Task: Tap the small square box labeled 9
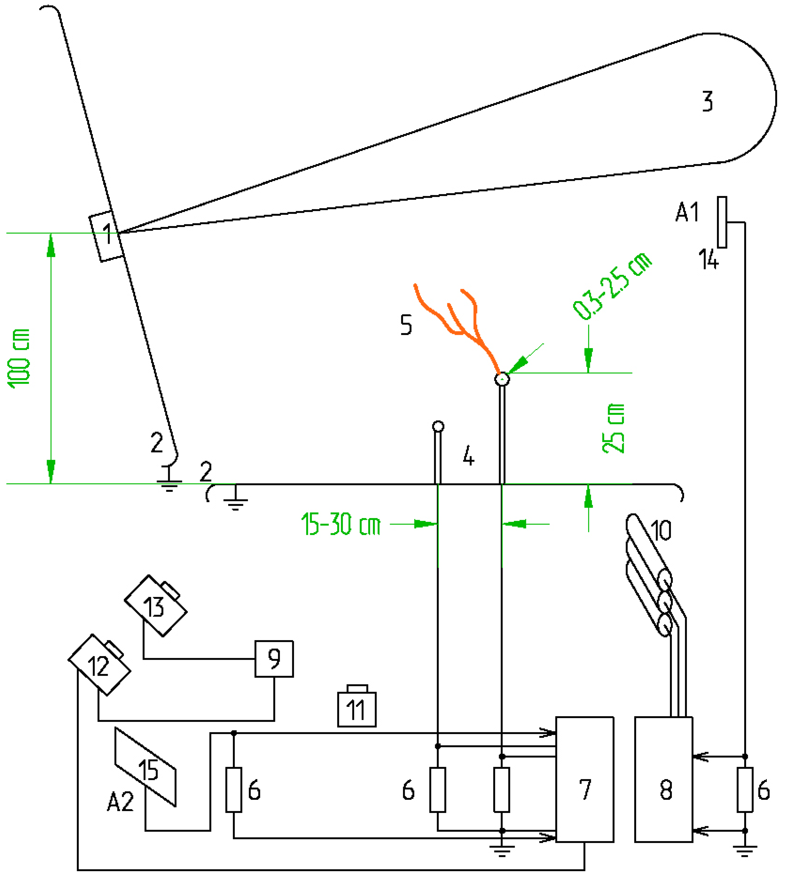coord(274,659)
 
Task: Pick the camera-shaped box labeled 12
coord(99,666)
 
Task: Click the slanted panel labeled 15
coord(145,767)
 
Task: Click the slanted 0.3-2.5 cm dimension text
coord(612,287)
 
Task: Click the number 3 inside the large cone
coord(707,102)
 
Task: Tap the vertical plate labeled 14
coord(722,222)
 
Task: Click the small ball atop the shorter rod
coord(438,427)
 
